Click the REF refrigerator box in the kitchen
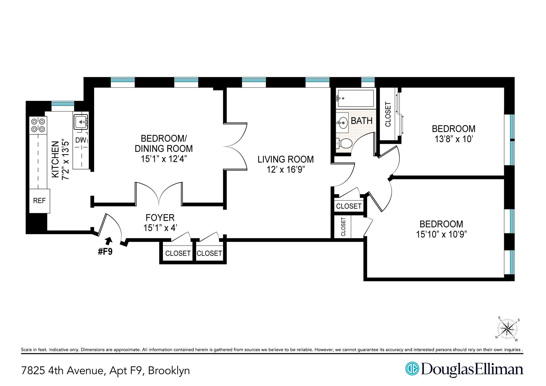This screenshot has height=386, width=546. tap(40, 201)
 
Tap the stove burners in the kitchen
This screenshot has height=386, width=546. tap(38, 125)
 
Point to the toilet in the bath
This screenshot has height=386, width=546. tap(344, 144)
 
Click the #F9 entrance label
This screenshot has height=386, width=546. tap(105, 252)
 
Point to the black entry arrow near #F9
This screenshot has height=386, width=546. tap(109, 241)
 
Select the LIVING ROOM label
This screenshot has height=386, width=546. tap(286, 159)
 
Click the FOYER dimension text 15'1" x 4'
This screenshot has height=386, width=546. tap(160, 228)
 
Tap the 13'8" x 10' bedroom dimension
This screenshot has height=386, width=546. tap(454, 139)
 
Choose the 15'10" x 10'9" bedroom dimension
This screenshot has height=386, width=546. tap(441, 234)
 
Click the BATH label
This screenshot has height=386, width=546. tap(361, 121)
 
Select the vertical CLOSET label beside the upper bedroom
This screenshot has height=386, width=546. tap(388, 114)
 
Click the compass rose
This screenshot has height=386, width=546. tap(508, 329)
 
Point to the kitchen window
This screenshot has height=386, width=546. tap(63, 106)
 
